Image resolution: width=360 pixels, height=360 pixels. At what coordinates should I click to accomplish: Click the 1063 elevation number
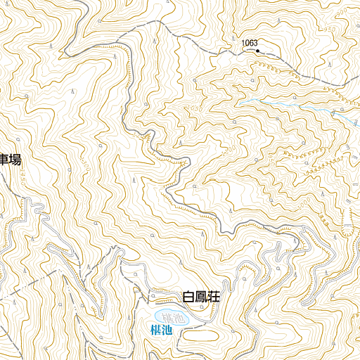(x=250, y=43)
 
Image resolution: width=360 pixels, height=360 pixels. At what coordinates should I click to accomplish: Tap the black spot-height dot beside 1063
(x=258, y=51)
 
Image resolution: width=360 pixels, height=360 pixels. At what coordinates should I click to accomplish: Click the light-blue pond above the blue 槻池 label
(x=170, y=318)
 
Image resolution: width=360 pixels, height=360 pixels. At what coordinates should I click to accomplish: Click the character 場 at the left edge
(x=15, y=160)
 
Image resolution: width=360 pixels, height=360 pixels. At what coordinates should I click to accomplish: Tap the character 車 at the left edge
(x=4, y=160)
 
